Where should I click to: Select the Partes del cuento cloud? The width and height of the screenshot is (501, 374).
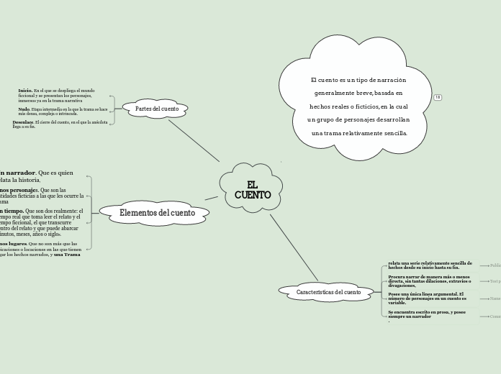(x=156, y=109)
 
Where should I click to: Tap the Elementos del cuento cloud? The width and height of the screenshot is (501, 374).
(x=156, y=213)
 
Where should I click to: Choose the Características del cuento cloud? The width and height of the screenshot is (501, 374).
(x=328, y=292)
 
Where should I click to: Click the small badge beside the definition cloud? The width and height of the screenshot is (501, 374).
(x=437, y=98)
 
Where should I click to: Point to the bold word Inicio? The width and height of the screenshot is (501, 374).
(x=25, y=91)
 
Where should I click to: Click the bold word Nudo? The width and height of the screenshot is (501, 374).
(x=24, y=109)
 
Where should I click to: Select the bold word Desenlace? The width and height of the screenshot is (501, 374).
(x=23, y=122)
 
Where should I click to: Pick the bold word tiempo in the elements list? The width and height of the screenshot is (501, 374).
(x=14, y=211)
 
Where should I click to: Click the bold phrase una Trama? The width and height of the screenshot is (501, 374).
(x=67, y=255)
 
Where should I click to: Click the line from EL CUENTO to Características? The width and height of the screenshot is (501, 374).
(x=293, y=246)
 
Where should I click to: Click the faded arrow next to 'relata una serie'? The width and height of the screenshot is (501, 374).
(x=484, y=265)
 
